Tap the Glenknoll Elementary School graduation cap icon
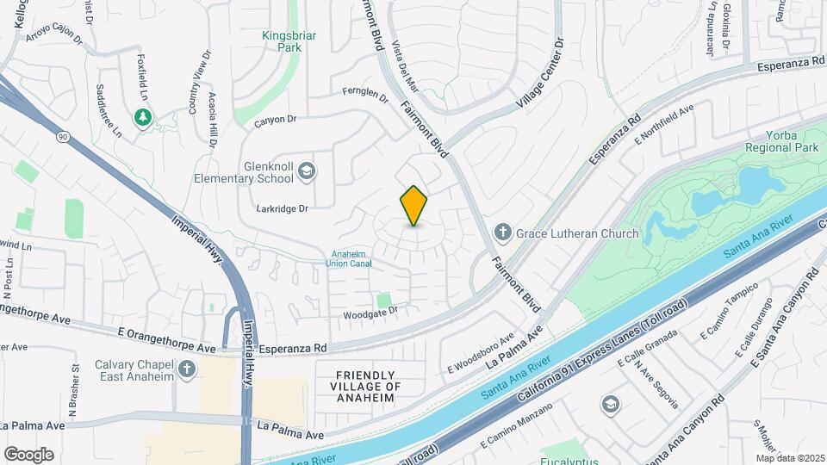coord(305,174)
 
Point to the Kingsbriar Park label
coord(282,41)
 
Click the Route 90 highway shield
coord(63,136)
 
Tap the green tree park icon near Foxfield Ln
coord(142,116)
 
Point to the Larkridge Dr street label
coord(282,208)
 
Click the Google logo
coord(28,454)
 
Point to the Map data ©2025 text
coord(790,458)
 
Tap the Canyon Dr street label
coord(275,120)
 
